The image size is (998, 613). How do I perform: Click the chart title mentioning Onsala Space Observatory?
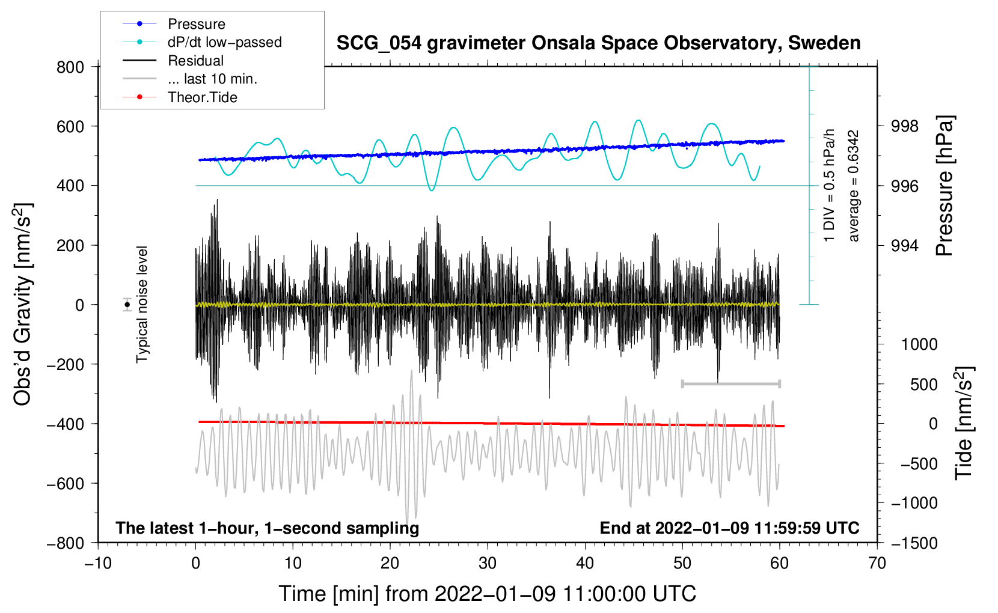[598, 43]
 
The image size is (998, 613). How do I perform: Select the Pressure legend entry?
[197, 23]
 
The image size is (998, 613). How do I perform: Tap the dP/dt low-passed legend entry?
[225, 42]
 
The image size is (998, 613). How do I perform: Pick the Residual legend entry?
[195, 61]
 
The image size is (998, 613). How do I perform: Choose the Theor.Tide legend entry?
[202, 97]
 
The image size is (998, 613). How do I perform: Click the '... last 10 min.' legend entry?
[212, 79]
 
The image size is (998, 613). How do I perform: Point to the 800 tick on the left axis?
[70, 67]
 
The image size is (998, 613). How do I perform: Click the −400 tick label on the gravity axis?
[66, 424]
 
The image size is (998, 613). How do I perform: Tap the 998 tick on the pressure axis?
[904, 127]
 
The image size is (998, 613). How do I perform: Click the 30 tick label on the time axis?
[488, 564]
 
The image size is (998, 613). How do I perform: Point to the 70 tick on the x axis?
[877, 564]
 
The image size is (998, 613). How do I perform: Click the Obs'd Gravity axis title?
[23, 304]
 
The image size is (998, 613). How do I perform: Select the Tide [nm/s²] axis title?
[964, 423]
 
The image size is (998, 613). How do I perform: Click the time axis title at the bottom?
[487, 594]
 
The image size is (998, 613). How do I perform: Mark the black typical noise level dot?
[127, 305]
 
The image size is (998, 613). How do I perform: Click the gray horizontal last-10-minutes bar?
[730, 383]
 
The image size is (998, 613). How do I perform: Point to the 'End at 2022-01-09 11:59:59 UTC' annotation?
[729, 528]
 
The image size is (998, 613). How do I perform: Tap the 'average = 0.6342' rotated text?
[853, 186]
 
